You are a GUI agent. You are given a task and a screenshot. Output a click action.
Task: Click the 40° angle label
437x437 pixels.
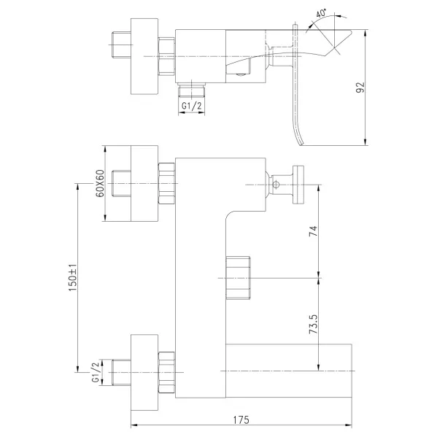(321, 14)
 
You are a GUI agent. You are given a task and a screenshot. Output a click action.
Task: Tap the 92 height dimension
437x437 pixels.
(360, 88)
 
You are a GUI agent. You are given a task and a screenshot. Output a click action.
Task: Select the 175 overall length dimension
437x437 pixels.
(241, 419)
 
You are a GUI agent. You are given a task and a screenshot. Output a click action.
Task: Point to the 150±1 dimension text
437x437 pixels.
(73, 277)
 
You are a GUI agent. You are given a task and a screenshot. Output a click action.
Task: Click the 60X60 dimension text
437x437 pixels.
(100, 183)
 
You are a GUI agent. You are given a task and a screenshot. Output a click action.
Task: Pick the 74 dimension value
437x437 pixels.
(313, 231)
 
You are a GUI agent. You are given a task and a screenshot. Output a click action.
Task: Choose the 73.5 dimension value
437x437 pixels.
(313, 325)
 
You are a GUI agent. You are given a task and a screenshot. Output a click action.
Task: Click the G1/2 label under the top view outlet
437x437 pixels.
(191, 106)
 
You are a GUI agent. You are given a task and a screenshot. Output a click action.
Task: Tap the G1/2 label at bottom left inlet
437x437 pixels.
(96, 372)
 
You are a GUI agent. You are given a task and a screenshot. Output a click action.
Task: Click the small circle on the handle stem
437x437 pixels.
(276, 185)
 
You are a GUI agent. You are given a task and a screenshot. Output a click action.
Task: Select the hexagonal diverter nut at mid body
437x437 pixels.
(238, 278)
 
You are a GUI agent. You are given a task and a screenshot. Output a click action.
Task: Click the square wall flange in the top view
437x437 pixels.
(144, 56)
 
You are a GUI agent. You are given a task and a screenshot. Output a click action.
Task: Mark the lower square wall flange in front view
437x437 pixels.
(144, 372)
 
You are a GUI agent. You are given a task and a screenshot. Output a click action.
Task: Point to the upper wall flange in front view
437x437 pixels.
(144, 183)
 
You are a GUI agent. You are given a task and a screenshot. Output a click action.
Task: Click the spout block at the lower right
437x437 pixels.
(289, 371)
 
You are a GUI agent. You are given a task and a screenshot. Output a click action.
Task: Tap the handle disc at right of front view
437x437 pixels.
(298, 185)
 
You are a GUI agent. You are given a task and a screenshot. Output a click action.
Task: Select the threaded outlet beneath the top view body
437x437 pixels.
(192, 90)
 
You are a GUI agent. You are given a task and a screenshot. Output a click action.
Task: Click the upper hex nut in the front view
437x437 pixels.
(166, 183)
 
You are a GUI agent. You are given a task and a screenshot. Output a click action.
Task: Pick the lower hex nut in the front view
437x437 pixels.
(166, 372)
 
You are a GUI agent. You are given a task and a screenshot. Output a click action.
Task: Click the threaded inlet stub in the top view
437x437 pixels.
(121, 45)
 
